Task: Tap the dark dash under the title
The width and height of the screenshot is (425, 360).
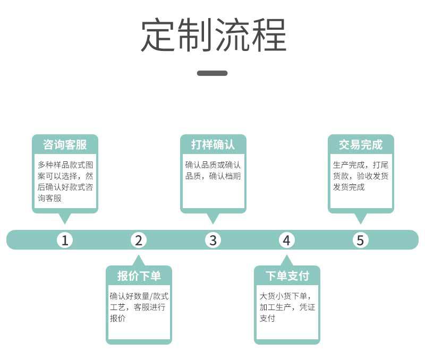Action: pyautogui.click(x=212, y=73)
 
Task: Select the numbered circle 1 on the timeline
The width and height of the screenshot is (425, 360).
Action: pyautogui.click(x=65, y=240)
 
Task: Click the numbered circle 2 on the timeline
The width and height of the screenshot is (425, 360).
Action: pyautogui.click(x=139, y=240)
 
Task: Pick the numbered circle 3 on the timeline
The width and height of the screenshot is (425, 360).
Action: pyautogui.click(x=212, y=240)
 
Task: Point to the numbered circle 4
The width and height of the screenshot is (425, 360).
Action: pyautogui.click(x=286, y=240)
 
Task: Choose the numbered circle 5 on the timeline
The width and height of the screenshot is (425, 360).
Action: pyautogui.click(x=360, y=240)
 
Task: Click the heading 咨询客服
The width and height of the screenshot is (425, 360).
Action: pyautogui.click(x=65, y=144)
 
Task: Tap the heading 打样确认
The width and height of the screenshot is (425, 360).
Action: pyautogui.click(x=212, y=144)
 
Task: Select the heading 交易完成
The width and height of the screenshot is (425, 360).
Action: pyautogui.click(x=360, y=144)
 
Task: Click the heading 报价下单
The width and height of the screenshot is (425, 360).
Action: pyautogui.click(x=139, y=276)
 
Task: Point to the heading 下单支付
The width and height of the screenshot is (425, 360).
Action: pyautogui.click(x=287, y=276)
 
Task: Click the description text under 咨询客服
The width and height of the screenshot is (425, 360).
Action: pyautogui.click(x=65, y=181)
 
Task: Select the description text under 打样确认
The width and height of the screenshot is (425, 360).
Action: pyautogui.click(x=212, y=170)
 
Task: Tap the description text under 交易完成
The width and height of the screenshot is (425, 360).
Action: pyautogui.click(x=360, y=176)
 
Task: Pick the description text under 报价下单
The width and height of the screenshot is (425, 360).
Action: pyautogui.click(x=139, y=307)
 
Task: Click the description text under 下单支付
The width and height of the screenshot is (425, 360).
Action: pyautogui.click(x=287, y=307)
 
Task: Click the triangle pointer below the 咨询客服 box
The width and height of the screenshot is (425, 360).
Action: pyautogui.click(x=65, y=218)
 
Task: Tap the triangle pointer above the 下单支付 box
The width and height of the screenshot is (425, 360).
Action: pyautogui.click(x=287, y=261)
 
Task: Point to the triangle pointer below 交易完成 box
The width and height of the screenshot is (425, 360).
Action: pyautogui.click(x=360, y=218)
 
